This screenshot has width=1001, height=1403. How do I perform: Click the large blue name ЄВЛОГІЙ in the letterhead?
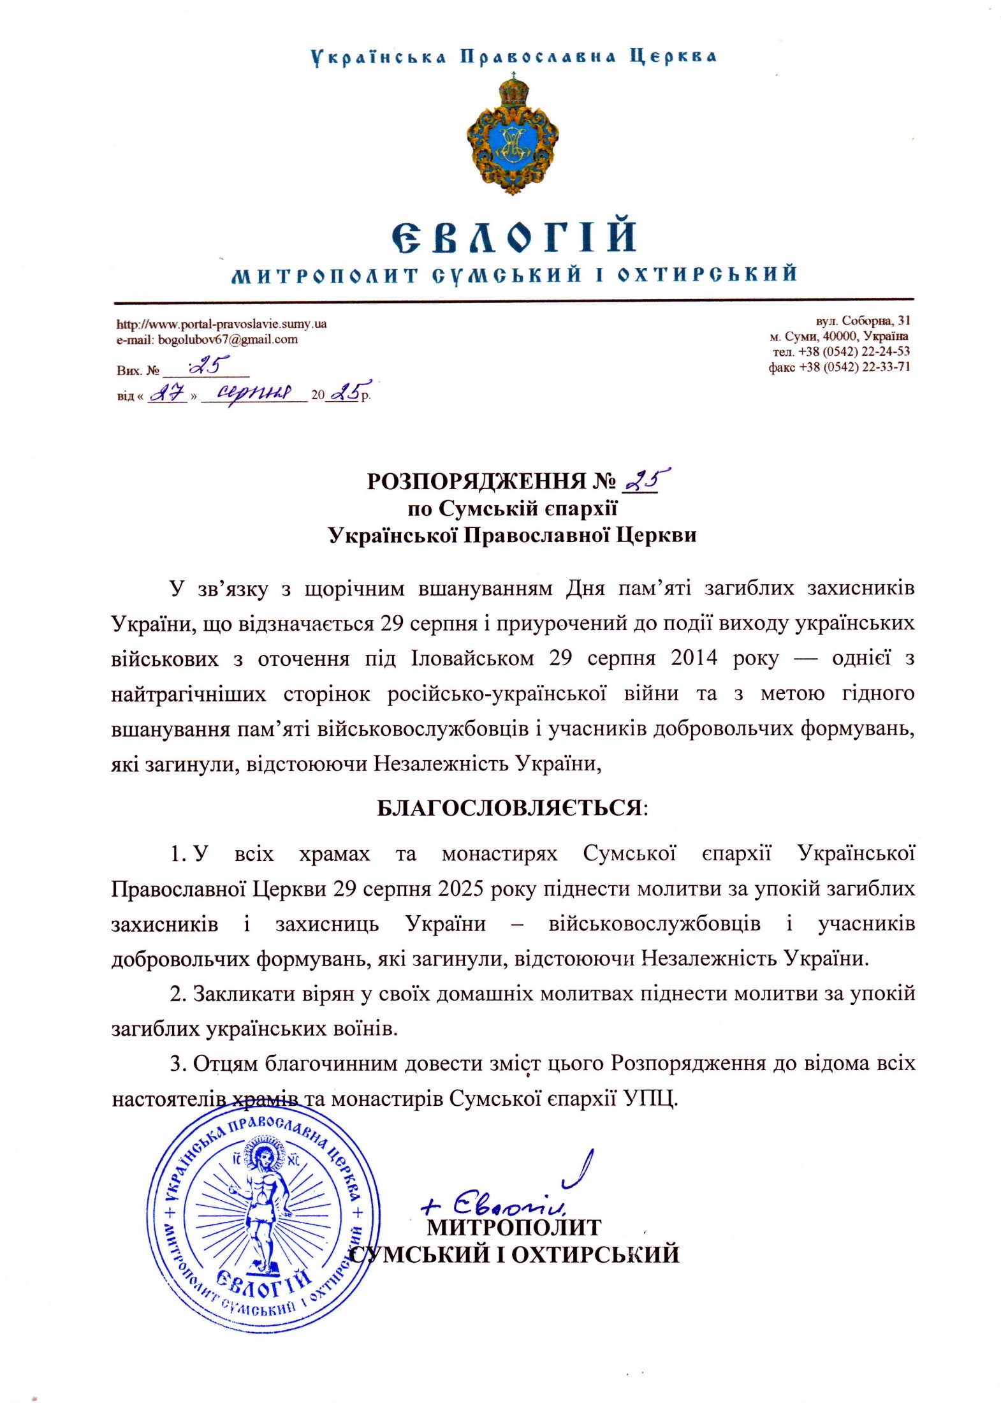click(x=513, y=235)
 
